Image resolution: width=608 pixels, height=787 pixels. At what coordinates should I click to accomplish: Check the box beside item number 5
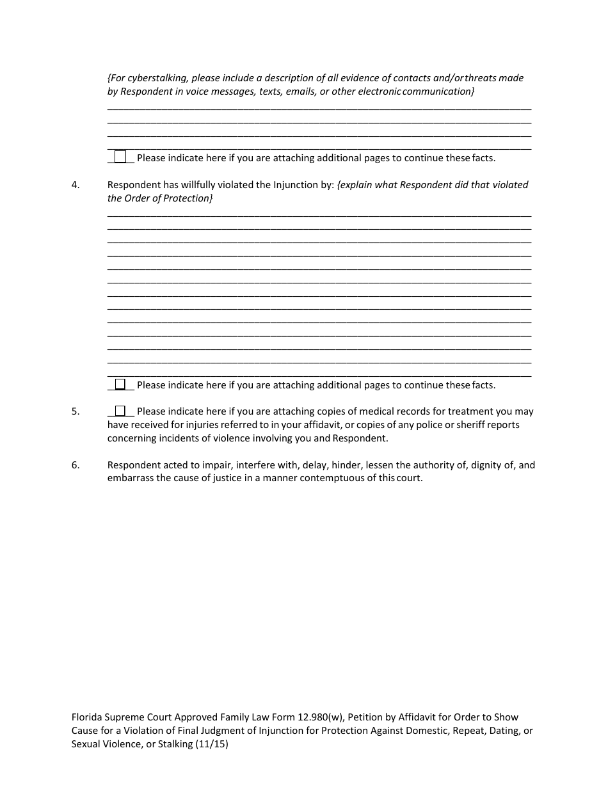tap(120, 411)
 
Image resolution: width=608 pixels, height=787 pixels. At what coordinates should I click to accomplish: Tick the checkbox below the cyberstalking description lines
tap(120, 157)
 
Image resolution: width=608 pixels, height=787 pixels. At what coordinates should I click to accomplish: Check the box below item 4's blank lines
tap(120, 385)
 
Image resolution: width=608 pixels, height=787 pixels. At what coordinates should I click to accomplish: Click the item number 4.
tap(76, 185)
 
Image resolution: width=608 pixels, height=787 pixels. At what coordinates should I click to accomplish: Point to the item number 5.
tap(76, 411)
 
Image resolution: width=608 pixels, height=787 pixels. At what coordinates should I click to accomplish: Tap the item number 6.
tap(76, 465)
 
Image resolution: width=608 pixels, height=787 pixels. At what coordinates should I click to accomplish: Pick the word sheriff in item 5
tap(470, 425)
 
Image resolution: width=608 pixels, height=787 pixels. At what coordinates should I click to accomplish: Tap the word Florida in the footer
tap(88, 717)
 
